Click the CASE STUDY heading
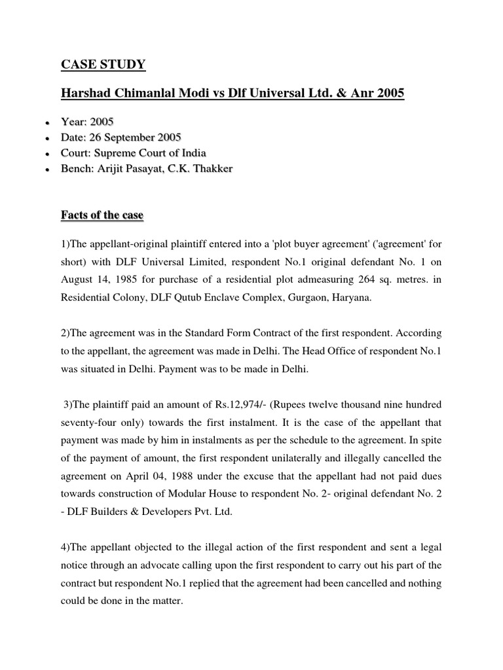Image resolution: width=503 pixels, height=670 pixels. click(103, 64)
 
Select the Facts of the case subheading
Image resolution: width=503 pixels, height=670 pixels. click(102, 215)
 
